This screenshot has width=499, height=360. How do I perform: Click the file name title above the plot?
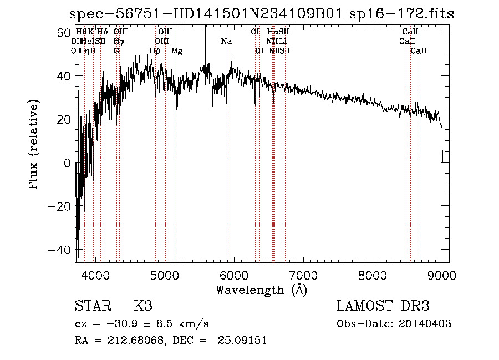point(261,14)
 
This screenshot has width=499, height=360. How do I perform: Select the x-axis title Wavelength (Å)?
point(261,290)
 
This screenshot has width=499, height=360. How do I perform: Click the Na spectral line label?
point(226,42)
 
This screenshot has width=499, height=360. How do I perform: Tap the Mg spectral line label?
point(177,51)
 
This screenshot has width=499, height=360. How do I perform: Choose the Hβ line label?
point(155,51)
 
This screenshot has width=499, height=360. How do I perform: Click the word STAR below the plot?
point(93,307)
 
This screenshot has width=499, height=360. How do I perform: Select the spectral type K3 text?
point(142,307)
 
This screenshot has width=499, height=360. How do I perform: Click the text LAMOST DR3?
point(383,307)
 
